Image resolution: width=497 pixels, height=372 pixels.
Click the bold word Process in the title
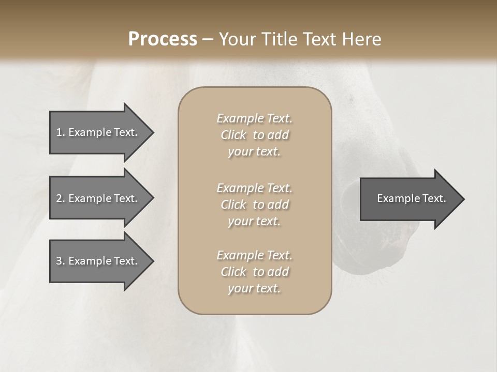point(163,39)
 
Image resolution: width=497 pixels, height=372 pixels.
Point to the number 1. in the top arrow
point(61,132)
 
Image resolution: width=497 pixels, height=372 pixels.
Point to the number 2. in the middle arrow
point(61,198)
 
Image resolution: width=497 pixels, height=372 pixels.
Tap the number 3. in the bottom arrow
point(61,261)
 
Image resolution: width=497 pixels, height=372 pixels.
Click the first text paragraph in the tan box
point(254,135)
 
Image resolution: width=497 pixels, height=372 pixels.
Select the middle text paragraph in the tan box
point(254,205)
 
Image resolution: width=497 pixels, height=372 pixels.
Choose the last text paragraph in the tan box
point(254,272)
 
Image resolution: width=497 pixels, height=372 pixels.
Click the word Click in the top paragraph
point(233,135)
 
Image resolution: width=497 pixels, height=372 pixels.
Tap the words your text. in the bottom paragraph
point(254,288)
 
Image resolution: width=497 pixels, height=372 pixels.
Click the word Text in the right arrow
point(434,198)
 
